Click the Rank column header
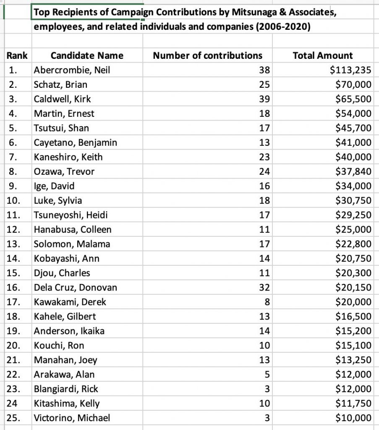coord(17,55)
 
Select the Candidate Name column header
coord(87,55)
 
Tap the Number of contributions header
coord(207,55)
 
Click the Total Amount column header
coord(322,55)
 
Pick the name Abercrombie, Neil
coord(72,70)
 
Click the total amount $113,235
coord(351,70)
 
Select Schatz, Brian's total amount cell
coord(353,84)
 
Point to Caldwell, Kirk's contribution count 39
coord(265,99)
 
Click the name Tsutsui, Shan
coord(61,128)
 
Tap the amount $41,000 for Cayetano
coord(353,142)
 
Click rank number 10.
coord(14,200)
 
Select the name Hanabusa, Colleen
coord(73,229)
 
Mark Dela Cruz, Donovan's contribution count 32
coord(265,287)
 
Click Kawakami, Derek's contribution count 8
coord(267,302)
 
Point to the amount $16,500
coord(353,316)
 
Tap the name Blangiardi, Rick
coord(66,389)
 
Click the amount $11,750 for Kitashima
coord(353,403)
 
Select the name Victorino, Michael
coord(72,418)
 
